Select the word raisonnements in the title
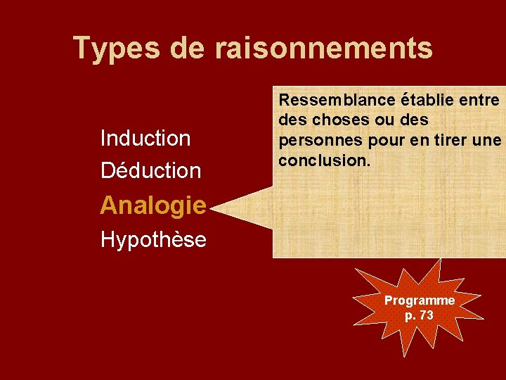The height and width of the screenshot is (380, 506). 324,49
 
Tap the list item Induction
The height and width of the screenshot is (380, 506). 145,138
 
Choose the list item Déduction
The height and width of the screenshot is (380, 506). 150,170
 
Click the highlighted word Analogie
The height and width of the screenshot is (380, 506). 153,205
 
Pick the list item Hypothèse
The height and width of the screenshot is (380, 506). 153,240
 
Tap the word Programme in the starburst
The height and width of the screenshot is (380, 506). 420,300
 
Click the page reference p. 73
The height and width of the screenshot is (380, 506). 420,315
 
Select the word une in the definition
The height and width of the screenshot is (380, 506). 487,141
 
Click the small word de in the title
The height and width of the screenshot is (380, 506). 187,49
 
